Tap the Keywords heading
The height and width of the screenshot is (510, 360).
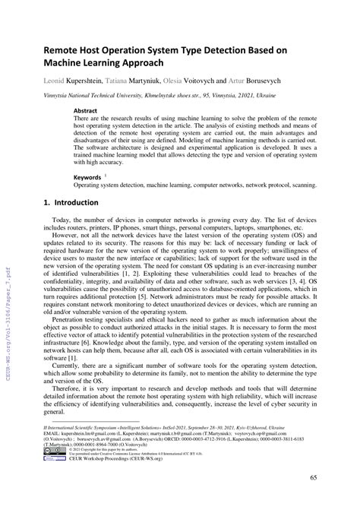87,176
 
